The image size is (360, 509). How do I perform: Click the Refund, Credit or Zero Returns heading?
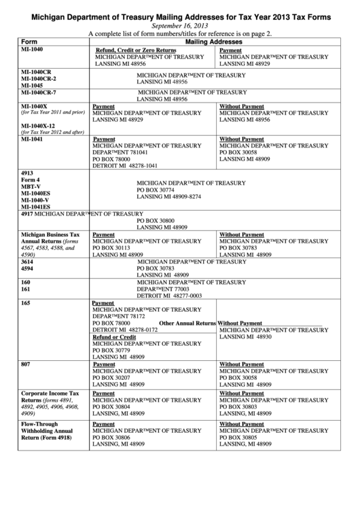pyautogui.click(x=135, y=50)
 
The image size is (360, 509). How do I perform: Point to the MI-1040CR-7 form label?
pyautogui.click(x=39, y=92)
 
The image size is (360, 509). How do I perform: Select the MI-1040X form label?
pyautogui.click(x=34, y=106)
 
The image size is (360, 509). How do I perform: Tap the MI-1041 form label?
pyautogui.click(x=32, y=139)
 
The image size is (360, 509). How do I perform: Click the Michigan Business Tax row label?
pyautogui.click(x=50, y=234)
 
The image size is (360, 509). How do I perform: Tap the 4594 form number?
pyautogui.click(x=27, y=268)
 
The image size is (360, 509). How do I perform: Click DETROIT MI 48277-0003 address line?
pyautogui.click(x=170, y=296)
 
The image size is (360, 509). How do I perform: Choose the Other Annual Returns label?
pyautogui.click(x=187, y=323)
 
